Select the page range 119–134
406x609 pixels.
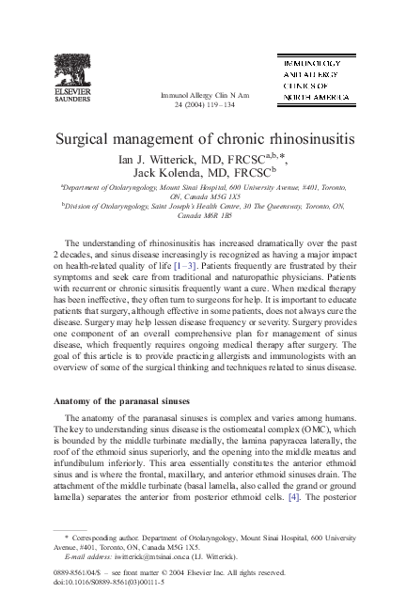[x=214, y=105]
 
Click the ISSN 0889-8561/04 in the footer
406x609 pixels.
[x=78, y=570]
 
